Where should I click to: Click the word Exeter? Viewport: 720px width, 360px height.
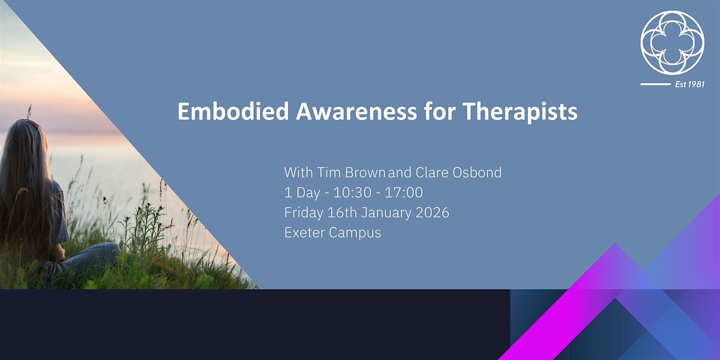[304, 233]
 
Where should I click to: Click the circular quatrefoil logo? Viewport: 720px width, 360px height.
[671, 43]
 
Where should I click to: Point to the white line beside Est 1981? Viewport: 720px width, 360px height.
[655, 85]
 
